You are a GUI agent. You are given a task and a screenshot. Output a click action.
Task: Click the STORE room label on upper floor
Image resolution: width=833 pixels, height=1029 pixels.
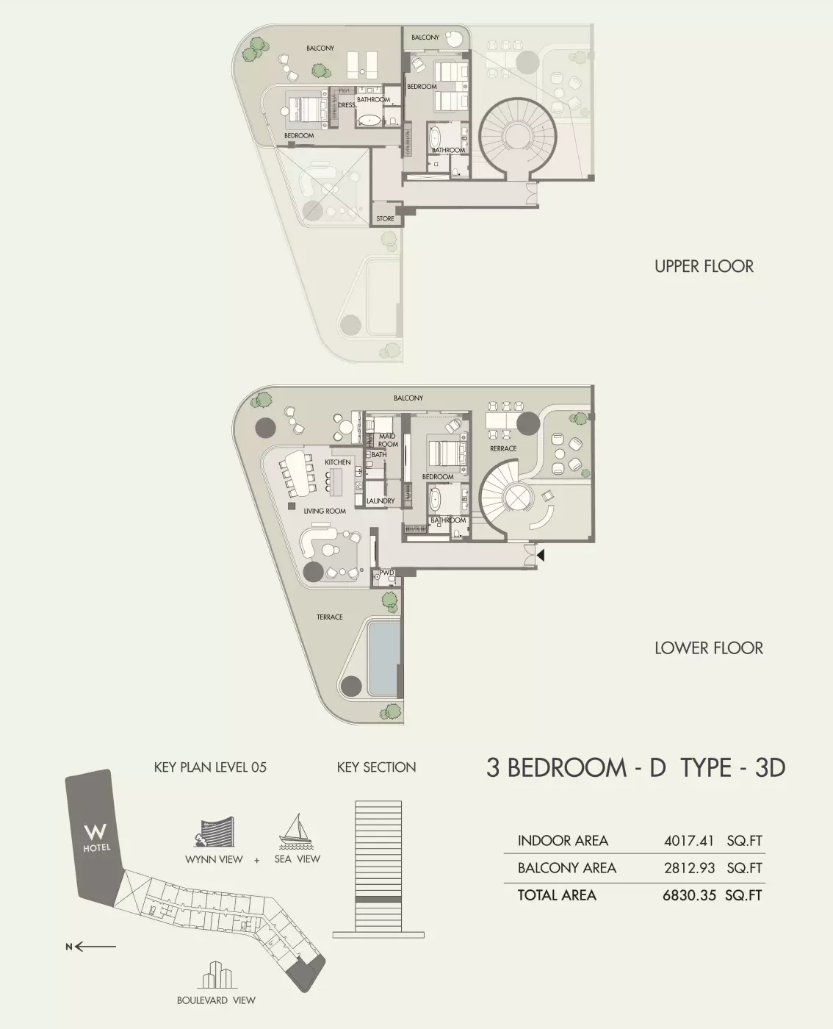coord(385,219)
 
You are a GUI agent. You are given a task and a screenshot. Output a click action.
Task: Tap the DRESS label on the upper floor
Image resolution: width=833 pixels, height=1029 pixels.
coord(347,105)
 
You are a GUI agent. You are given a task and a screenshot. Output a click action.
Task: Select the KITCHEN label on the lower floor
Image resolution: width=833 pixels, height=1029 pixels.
coord(338,462)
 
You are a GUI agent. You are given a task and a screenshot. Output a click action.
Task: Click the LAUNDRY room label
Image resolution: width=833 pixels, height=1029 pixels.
coord(381,501)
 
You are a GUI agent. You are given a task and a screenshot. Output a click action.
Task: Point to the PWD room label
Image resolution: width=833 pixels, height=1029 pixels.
coord(386,573)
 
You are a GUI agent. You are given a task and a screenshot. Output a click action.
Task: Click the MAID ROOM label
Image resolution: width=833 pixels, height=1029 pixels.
coord(387,440)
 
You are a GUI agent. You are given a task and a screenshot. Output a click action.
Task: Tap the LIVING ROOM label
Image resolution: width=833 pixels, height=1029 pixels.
coord(324,511)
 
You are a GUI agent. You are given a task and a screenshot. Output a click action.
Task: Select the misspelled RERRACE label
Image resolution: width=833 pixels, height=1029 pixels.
coord(503,448)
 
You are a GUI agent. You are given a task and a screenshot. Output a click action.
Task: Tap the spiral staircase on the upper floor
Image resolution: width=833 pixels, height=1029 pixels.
coord(518,137)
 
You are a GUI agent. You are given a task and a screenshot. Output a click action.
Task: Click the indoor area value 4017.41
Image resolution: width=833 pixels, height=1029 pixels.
coord(689,841)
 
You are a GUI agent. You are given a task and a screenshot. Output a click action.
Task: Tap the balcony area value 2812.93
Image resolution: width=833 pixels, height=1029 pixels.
coord(689,868)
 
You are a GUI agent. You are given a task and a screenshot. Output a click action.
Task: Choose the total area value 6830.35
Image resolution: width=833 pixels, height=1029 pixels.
coord(689,895)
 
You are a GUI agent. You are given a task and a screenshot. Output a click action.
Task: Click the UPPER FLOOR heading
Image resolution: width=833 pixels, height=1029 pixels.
coord(704,266)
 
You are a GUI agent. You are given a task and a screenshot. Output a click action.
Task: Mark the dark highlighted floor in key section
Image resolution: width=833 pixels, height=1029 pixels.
coord(378,899)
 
